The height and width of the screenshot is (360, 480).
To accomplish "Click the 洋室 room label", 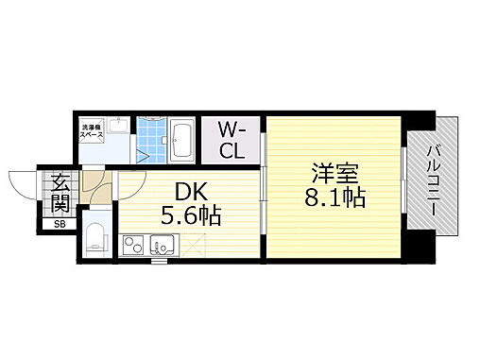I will (x=336, y=174).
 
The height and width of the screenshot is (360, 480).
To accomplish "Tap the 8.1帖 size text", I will (x=336, y=200).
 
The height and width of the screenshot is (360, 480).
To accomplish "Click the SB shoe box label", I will (x=59, y=224).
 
